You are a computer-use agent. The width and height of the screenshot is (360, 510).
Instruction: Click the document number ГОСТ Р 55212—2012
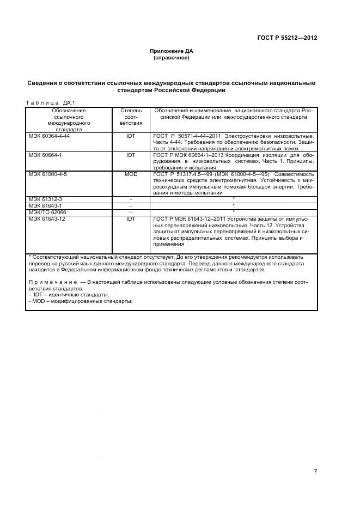pyautogui.click(x=287, y=38)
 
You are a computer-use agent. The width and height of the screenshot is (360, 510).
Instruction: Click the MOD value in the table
pyautogui.click(x=131, y=174)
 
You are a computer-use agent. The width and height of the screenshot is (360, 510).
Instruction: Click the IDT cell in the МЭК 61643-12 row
pyautogui.click(x=131, y=218)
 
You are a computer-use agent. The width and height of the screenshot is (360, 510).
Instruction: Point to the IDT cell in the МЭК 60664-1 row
pyautogui.click(x=131, y=155)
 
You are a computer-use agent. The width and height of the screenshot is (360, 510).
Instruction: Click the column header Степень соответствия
pyautogui.click(x=131, y=117)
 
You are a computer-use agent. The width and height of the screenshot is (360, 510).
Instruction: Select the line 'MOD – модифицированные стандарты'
pyautogui.click(x=81, y=301)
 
